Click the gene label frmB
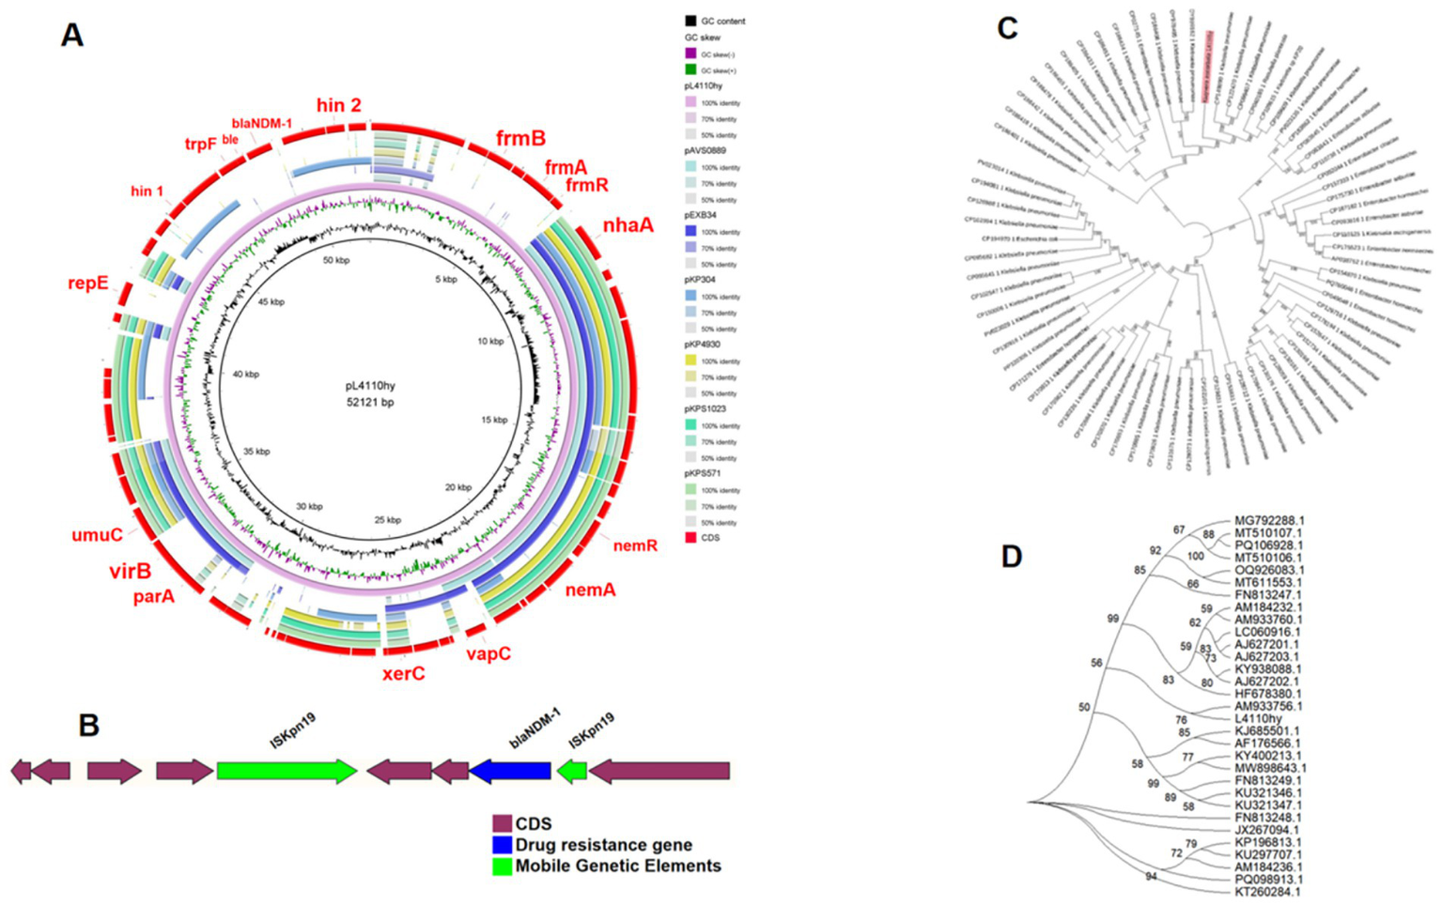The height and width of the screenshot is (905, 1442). pos(520,139)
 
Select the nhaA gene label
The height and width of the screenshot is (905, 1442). pos(628,225)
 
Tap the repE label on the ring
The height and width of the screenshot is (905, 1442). pos(87,284)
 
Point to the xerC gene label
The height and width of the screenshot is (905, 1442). pos(403,673)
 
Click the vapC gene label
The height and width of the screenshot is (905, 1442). pos(488,653)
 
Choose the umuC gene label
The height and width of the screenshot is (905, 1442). pos(97,535)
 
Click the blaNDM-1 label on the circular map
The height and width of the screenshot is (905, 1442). pos(262,123)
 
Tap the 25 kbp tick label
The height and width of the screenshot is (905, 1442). pos(387,520)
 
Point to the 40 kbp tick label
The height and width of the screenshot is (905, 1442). pos(245,375)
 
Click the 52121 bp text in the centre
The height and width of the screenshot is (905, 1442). pos(370,402)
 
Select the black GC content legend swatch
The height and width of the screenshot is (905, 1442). pos(690,21)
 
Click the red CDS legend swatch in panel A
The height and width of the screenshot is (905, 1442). pos(690,538)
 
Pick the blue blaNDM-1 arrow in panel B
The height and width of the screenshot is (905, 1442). pos(510,772)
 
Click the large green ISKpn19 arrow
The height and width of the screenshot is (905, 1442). pos(287,772)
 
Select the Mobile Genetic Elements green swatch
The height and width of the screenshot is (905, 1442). pos(503,867)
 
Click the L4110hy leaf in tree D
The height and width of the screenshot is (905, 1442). pos(1257,719)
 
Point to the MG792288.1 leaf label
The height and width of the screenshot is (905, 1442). pos(1269,520)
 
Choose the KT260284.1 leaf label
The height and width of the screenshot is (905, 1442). pos(1267,892)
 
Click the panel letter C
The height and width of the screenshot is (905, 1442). pos(1007,29)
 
